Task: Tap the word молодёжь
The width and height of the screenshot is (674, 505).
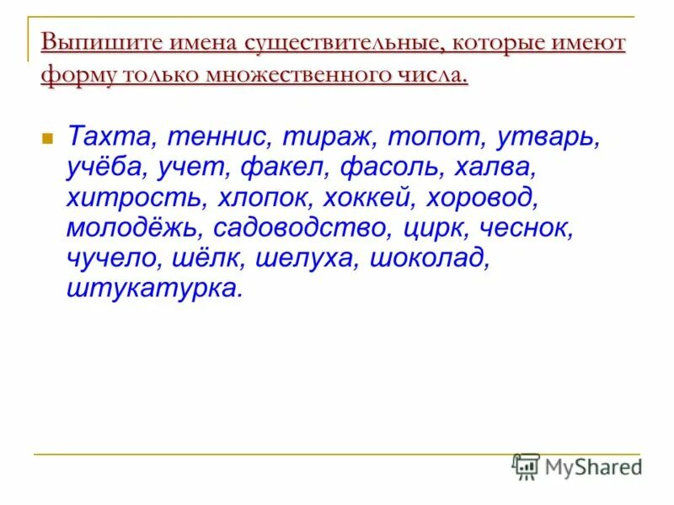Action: pos(133,229)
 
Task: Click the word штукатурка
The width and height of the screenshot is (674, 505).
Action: pos(152,290)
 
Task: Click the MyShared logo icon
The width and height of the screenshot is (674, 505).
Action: pos(526,465)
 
